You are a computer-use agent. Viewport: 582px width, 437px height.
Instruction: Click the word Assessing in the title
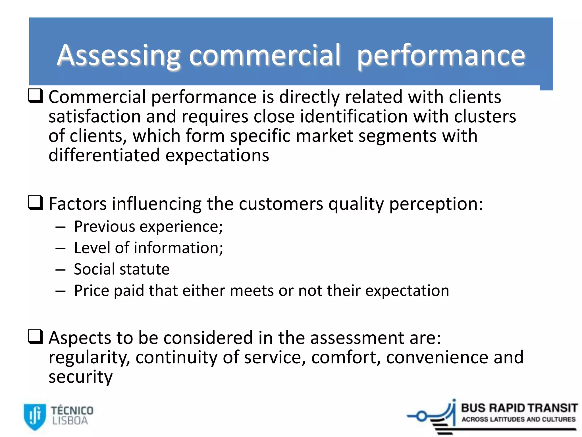[x=119, y=55]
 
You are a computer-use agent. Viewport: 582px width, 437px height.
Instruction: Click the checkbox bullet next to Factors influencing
[x=36, y=203]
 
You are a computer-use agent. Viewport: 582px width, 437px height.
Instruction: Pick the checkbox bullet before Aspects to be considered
[x=36, y=337]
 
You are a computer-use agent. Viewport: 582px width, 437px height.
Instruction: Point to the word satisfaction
[x=94, y=117]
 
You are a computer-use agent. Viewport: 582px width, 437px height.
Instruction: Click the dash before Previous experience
[x=61, y=227]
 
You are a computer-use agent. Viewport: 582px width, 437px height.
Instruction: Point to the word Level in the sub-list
[x=92, y=248]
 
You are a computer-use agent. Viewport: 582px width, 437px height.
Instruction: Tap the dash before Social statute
[x=61, y=270]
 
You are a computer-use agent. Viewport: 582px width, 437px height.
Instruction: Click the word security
[x=80, y=377]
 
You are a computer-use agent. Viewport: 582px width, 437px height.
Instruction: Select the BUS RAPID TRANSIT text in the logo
[x=519, y=408]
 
